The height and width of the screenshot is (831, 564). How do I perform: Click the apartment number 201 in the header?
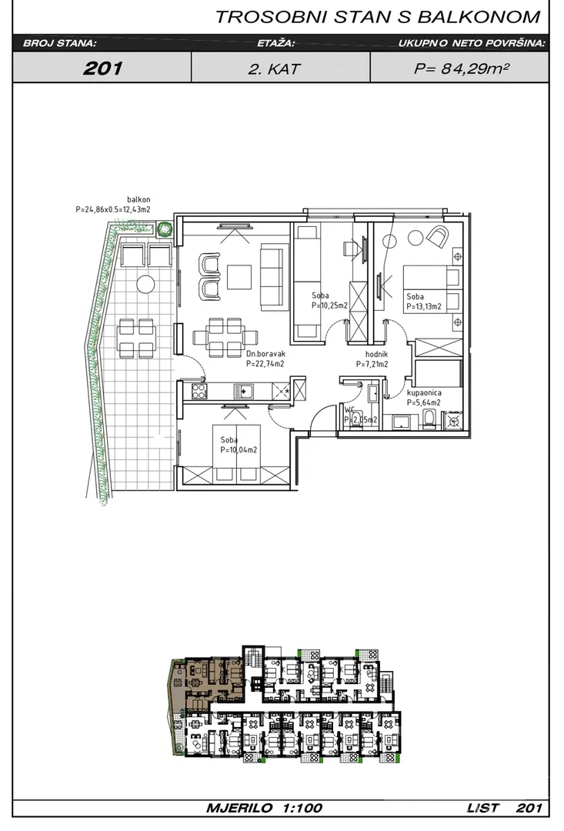(x=102, y=68)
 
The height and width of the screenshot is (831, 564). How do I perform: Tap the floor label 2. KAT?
(x=274, y=69)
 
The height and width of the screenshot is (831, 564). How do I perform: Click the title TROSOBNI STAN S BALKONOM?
(x=378, y=17)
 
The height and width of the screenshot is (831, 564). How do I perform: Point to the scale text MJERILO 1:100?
(x=264, y=808)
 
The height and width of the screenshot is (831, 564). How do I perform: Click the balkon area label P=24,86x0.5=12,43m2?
(x=113, y=209)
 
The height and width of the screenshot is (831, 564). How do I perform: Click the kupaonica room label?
(x=424, y=393)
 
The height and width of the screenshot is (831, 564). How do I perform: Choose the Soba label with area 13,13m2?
(x=424, y=302)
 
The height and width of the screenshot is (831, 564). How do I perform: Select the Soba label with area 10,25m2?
(x=329, y=301)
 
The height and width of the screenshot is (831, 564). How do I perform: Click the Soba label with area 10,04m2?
(x=239, y=446)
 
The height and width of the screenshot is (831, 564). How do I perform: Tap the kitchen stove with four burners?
(x=199, y=391)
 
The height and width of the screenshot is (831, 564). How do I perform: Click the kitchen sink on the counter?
(x=243, y=391)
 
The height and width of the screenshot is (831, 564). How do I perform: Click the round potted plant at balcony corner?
(x=165, y=229)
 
